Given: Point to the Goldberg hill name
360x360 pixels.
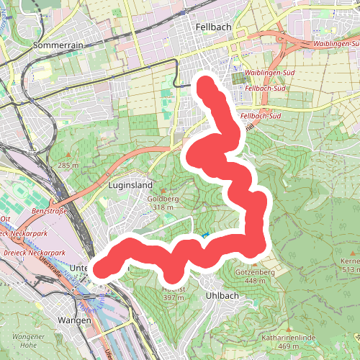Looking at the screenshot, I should (x=163, y=199).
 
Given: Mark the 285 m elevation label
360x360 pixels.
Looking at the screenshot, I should (x=68, y=166).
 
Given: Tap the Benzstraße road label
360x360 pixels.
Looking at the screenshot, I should (x=48, y=212).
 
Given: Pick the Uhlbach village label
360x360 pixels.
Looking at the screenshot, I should (x=221, y=295).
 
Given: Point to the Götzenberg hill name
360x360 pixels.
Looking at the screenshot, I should (x=255, y=273).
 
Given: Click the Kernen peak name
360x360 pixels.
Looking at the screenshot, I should (x=351, y=260).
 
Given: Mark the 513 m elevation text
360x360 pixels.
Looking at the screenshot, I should (x=351, y=269).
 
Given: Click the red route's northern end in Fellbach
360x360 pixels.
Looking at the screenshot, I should (x=207, y=85).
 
